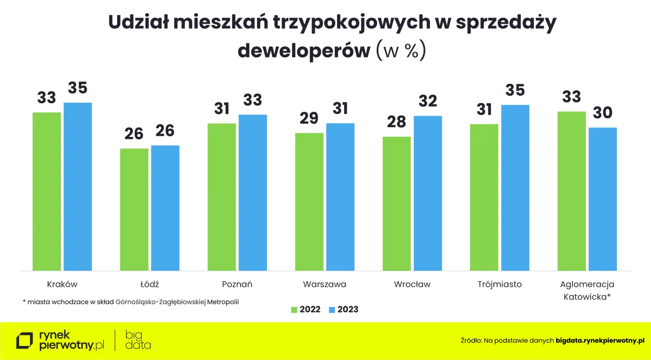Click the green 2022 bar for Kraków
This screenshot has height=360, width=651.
46,191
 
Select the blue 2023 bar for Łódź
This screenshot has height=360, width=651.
165,208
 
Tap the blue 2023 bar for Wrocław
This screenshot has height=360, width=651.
428,193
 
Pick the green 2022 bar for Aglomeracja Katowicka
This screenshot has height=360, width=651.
571,191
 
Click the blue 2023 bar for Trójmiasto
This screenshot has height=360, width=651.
515,187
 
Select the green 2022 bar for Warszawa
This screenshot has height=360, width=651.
309,201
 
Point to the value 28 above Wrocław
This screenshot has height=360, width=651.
396,122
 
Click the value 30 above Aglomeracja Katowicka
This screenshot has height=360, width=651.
603,113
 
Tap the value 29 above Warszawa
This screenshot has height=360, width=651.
309,118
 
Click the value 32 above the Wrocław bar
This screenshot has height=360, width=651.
428,101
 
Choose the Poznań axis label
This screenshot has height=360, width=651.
237,284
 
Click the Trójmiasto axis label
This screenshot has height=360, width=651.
499,284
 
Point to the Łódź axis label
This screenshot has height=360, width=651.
150,284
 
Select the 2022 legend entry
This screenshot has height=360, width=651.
306,309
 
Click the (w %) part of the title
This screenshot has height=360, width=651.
400,51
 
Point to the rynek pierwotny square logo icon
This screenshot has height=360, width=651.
25,341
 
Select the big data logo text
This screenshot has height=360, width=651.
138,340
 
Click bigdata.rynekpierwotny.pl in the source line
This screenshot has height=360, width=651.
600,341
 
